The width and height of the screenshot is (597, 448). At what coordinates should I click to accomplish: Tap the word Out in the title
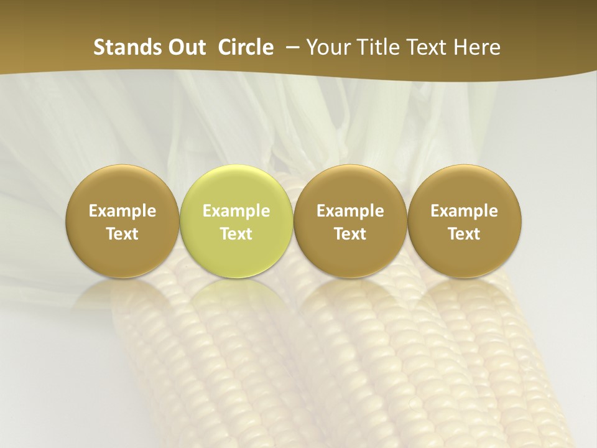(x=184, y=47)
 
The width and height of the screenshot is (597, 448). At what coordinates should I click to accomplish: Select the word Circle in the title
(x=246, y=47)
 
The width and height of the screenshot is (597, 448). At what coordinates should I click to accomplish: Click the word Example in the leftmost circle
(x=123, y=211)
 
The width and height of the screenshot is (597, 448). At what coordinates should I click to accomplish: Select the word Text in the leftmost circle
(x=123, y=234)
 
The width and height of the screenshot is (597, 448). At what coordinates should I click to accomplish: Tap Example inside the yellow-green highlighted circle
(x=236, y=211)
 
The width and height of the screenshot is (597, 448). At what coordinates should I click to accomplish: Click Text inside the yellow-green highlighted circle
(x=236, y=234)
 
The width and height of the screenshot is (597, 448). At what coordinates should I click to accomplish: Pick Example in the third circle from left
(x=350, y=211)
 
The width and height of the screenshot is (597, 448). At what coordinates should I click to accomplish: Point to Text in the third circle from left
(x=350, y=234)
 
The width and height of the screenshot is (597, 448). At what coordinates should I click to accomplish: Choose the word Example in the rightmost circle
(x=464, y=211)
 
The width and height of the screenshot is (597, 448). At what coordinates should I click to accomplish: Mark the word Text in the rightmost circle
(x=464, y=234)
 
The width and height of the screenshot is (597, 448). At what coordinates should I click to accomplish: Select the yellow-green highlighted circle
(x=236, y=187)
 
